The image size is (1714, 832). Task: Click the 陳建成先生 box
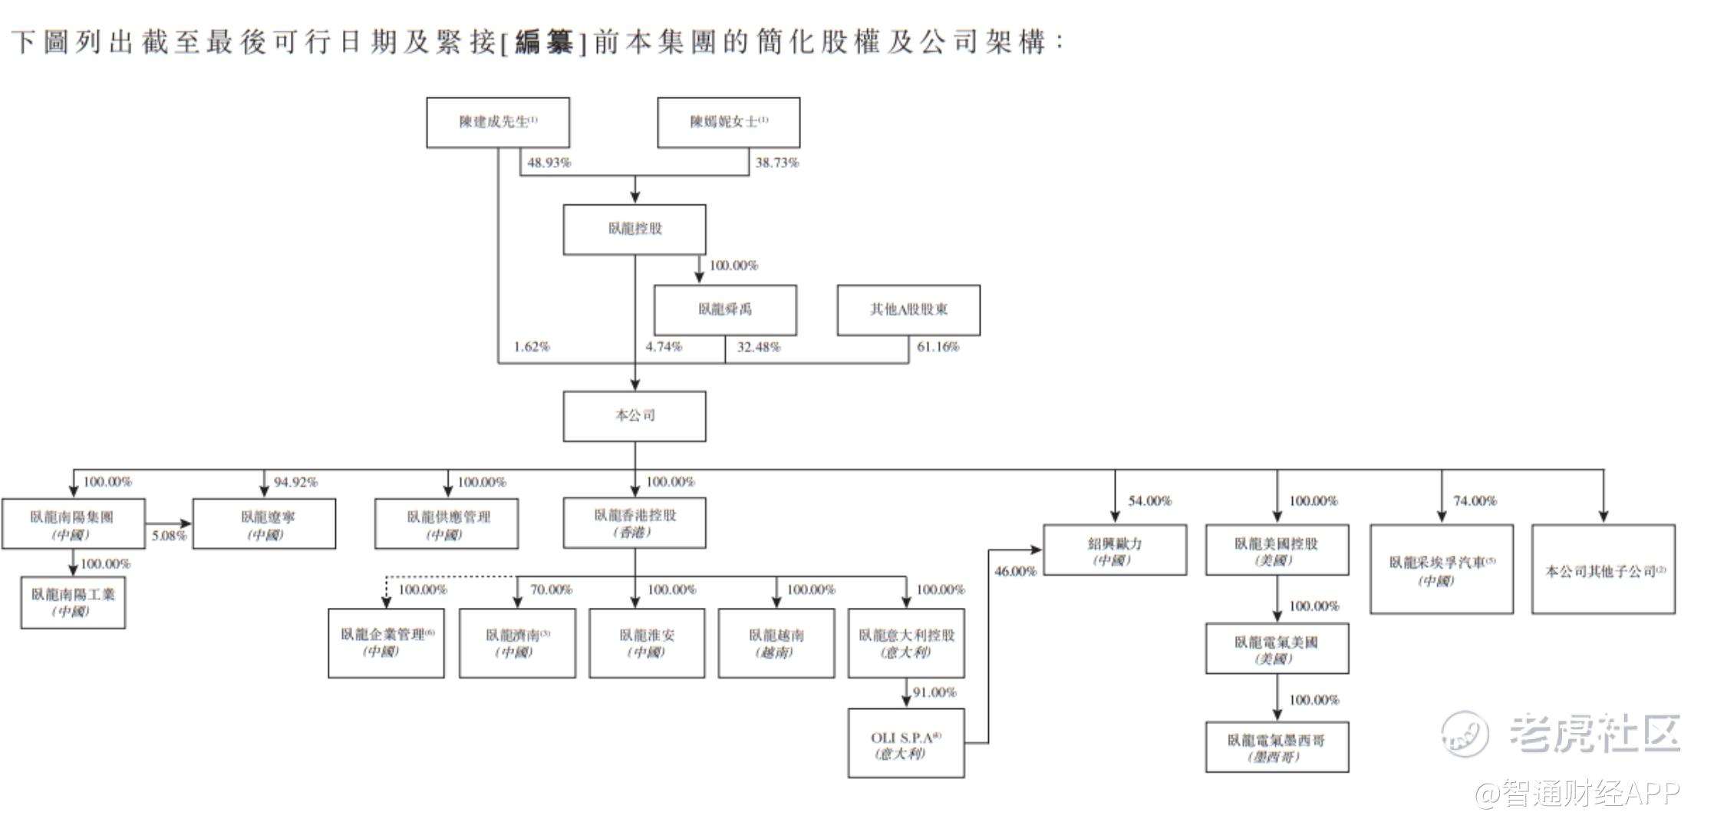498,122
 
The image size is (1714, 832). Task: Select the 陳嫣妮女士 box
728,122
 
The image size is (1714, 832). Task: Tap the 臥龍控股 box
635,229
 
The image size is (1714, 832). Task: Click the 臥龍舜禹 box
725,309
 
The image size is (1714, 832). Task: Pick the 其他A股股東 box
908,309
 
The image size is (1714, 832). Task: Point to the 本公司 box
635,416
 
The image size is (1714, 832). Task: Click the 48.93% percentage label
549,163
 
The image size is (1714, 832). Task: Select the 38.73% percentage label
777,163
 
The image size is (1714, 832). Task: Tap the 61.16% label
938,347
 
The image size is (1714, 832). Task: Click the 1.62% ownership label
532,347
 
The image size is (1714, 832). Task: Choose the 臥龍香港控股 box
635,523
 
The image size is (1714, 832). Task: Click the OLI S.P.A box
906,744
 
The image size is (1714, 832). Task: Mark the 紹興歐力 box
1115,550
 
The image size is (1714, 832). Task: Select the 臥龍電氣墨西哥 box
1277,747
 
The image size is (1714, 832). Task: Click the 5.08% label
169,536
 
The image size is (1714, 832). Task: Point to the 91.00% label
934,692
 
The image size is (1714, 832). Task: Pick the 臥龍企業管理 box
386,642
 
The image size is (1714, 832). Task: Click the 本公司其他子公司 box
1604,570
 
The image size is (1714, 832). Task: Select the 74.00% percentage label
1475,501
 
